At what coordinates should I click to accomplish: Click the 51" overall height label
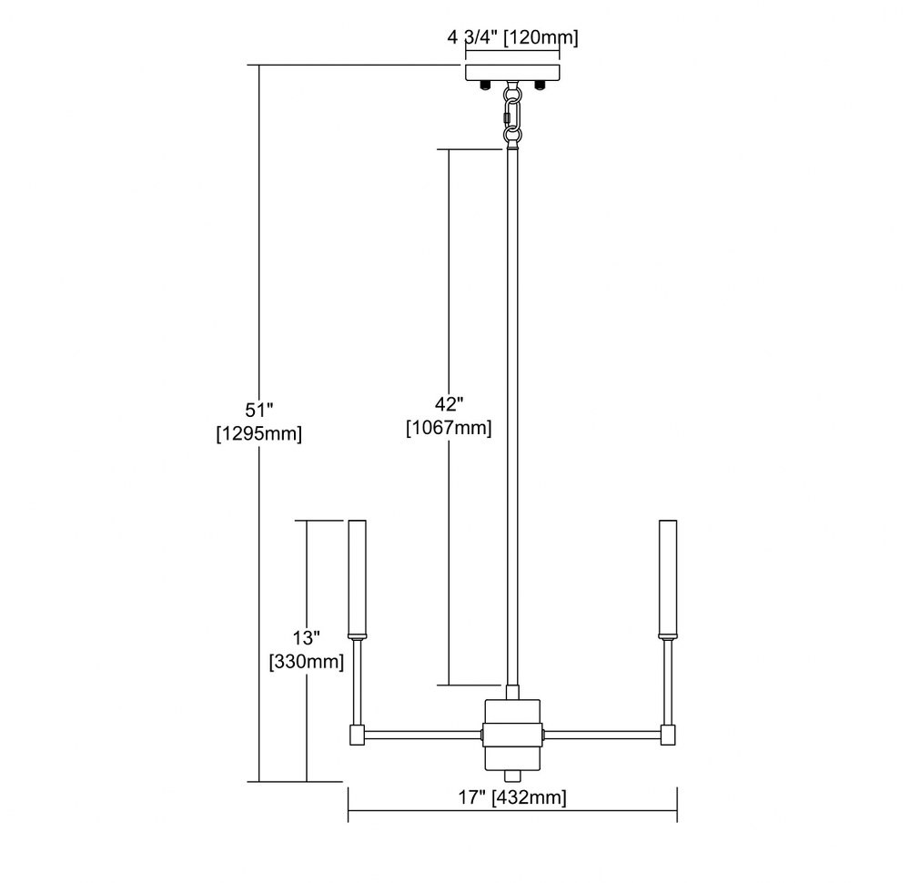tap(258, 411)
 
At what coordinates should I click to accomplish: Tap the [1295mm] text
tap(258, 433)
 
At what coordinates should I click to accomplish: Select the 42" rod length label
tap(450, 405)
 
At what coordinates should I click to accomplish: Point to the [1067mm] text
tap(449, 428)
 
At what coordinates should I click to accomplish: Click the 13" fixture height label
tap(307, 638)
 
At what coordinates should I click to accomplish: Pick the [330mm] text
tap(307, 661)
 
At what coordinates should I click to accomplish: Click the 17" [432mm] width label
tap(512, 797)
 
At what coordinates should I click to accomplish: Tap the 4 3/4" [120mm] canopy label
tap(513, 37)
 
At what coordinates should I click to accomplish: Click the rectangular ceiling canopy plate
tap(512, 73)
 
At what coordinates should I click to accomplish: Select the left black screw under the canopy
tap(485, 86)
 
